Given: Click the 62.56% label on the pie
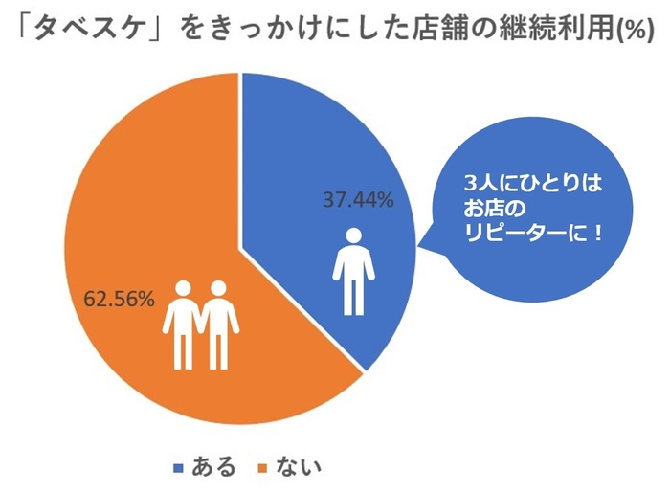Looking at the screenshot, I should pyautogui.click(x=120, y=299).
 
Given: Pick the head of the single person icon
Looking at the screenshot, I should pyautogui.click(x=353, y=235).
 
